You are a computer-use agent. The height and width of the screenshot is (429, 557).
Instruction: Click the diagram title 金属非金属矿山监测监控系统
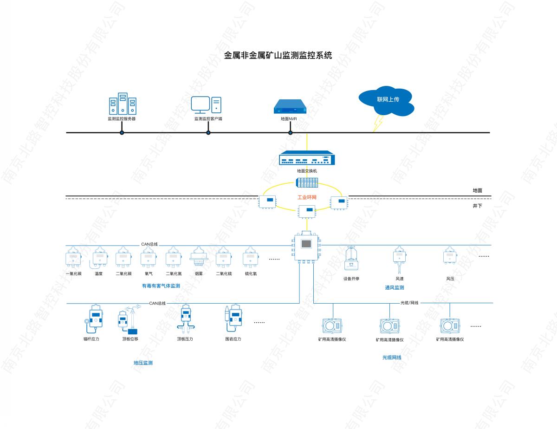point(278,56)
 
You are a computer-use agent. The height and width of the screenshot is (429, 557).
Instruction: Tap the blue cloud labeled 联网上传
point(387,102)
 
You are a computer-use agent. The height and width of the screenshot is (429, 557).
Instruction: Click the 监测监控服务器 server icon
point(122,104)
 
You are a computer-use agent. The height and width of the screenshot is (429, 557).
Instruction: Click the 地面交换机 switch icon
point(307,158)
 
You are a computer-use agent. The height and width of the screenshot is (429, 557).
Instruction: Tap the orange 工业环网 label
point(307,197)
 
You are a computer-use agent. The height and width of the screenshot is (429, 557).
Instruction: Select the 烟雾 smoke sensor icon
point(199,257)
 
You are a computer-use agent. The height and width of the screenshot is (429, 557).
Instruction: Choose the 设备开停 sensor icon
point(351,259)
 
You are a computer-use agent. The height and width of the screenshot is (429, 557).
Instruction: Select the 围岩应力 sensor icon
point(232,318)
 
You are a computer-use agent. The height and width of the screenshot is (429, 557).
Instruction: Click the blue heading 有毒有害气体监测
point(161,286)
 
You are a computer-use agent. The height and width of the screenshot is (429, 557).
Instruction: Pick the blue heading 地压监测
point(143,363)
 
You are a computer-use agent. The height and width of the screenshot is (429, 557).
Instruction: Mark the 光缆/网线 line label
point(409,303)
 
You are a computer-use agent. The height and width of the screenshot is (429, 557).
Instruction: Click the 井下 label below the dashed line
point(477,206)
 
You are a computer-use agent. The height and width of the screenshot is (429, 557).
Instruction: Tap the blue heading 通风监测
point(394,287)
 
